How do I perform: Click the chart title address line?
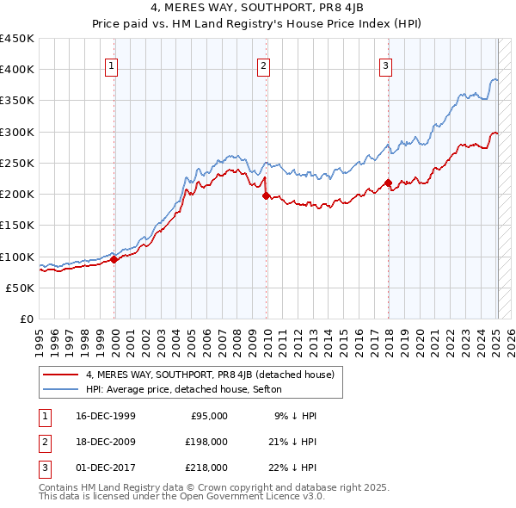[x=257, y=9]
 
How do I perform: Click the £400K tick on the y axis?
[x=17, y=70]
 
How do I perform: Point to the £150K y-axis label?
[x=17, y=226]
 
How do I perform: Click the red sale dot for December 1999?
[x=114, y=259]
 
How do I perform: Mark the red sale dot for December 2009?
[x=266, y=195]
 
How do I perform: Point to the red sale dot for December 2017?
[x=388, y=183]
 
